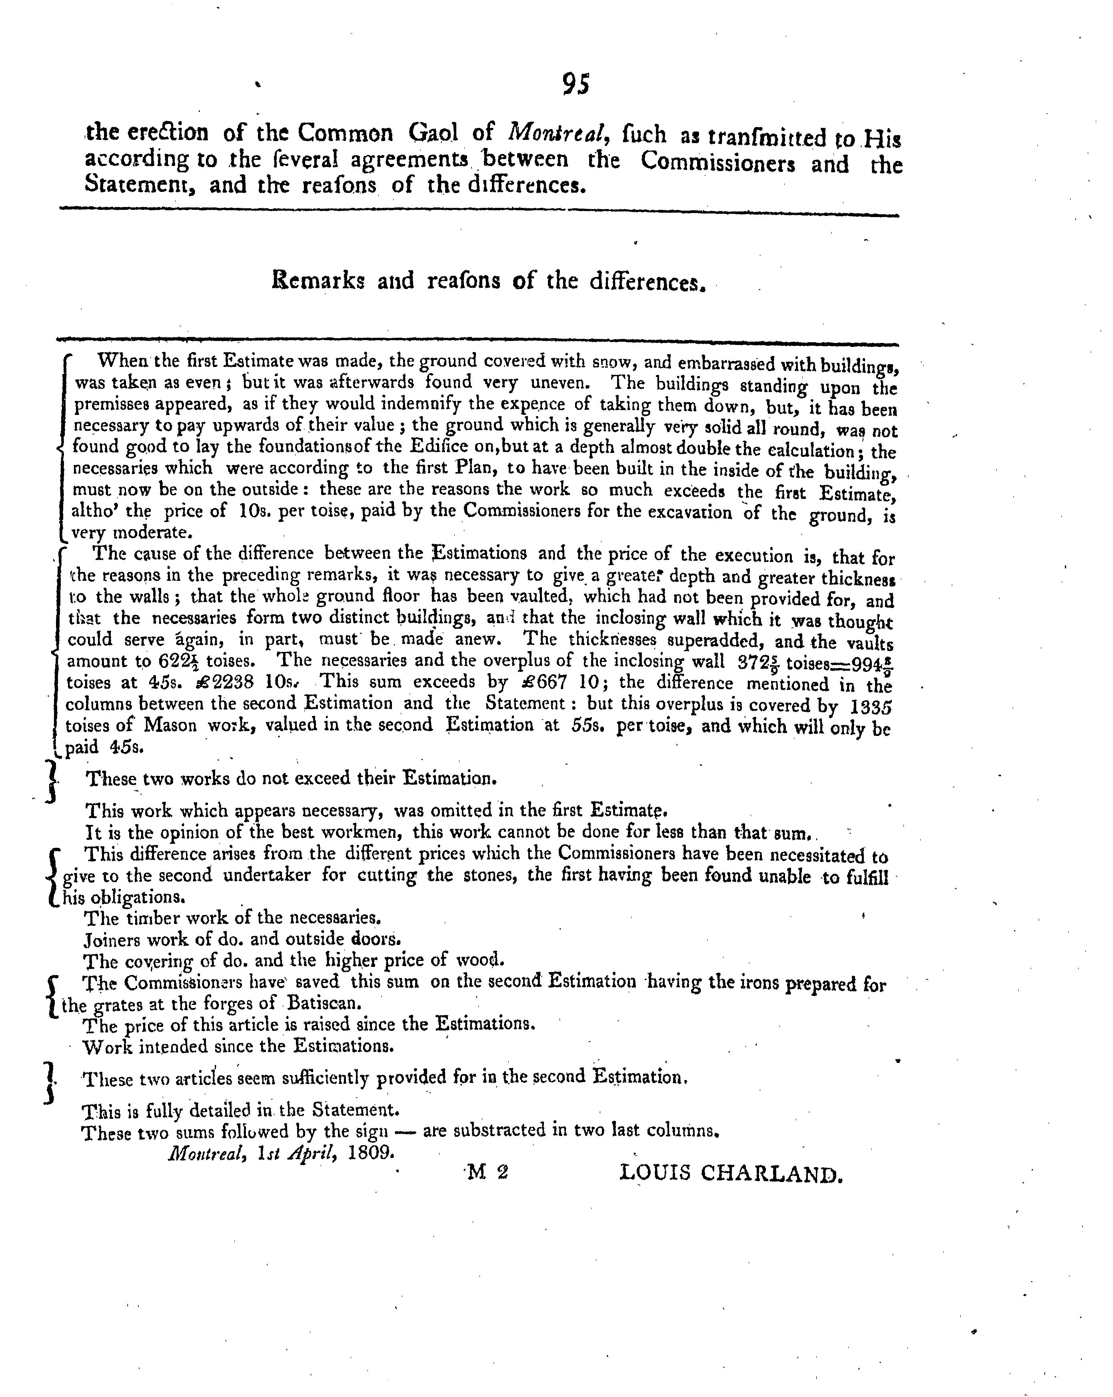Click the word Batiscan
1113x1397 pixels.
[323, 1003]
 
